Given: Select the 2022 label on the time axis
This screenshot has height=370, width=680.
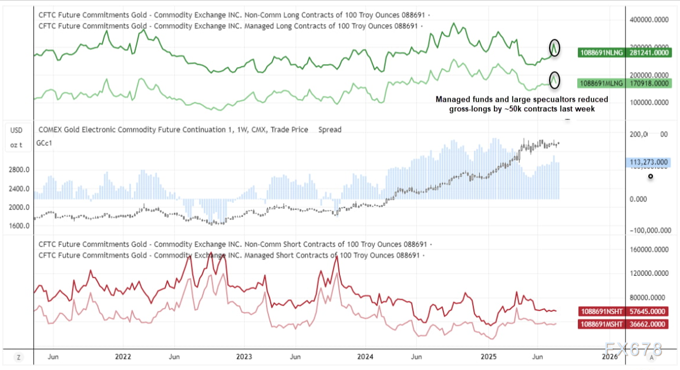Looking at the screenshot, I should pos(123,356).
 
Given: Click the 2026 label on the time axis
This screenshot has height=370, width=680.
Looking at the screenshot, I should pos(609,356).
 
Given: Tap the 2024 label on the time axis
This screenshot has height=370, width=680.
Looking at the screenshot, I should pos(365,356).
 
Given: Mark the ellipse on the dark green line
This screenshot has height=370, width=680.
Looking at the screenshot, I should pos(554,48).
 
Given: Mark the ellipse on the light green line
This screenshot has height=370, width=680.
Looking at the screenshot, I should pos(554,79).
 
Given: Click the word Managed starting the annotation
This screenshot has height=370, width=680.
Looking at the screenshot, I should pos(452,99).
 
